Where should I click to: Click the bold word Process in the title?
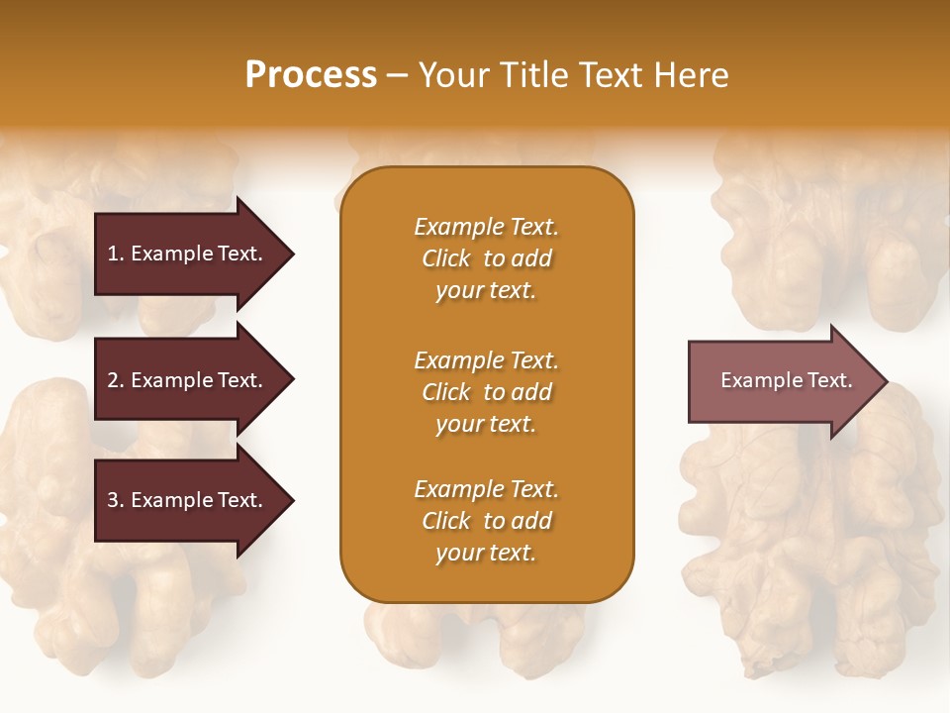(311, 75)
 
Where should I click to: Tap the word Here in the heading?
(690, 75)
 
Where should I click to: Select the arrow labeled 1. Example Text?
(188, 254)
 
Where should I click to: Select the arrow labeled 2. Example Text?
(188, 380)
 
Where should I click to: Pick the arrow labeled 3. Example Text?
(188, 500)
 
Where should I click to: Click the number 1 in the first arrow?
(113, 254)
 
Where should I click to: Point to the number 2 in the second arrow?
(113, 380)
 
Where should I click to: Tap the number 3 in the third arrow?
(113, 500)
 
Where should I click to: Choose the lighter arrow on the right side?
(782, 380)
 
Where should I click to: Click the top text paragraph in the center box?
(486, 258)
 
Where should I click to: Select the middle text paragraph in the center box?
(486, 392)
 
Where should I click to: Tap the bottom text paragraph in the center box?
(486, 521)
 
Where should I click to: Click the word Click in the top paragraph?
(446, 258)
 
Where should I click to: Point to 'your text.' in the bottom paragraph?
(486, 553)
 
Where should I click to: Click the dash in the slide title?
(397, 75)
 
